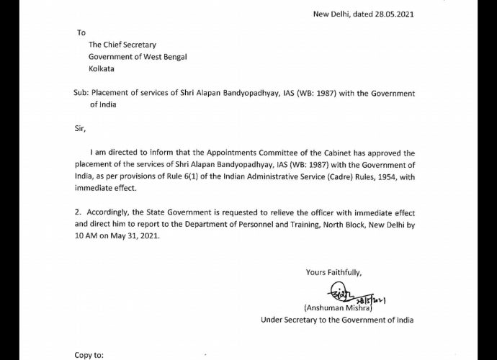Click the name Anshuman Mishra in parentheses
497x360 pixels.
pyautogui.click(x=334, y=307)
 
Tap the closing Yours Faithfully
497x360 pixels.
pyautogui.click(x=333, y=272)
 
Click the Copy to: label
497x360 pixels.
pyautogui.click(x=90, y=354)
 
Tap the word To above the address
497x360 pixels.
pyautogui.click(x=81, y=32)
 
